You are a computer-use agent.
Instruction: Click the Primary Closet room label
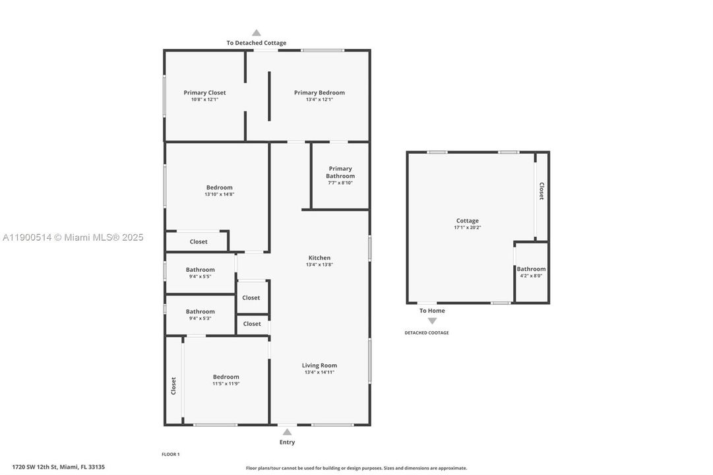[x=204, y=93]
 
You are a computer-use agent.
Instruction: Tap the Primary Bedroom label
[x=319, y=93]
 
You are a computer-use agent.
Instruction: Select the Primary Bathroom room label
[x=340, y=172]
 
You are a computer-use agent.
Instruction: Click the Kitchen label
[x=319, y=258]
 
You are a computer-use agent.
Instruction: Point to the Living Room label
[x=319, y=365]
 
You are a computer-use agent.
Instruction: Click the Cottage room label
[x=467, y=221]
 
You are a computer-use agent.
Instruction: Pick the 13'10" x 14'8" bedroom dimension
[x=219, y=195]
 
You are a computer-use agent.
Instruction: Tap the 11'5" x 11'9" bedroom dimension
[x=226, y=383]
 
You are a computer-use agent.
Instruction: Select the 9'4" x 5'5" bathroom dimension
[x=200, y=276]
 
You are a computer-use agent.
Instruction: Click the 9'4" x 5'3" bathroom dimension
[x=200, y=319]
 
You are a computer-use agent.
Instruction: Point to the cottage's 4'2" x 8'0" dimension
[x=531, y=276]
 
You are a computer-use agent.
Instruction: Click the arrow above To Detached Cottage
[x=257, y=33]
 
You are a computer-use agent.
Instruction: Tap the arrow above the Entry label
[x=287, y=432]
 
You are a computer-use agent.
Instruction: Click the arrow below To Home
[x=432, y=321]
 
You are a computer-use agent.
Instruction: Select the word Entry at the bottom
[x=287, y=442]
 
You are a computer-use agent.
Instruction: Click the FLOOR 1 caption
[x=170, y=454]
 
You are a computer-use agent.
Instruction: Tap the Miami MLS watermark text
[x=73, y=237]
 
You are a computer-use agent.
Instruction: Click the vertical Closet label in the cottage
[x=542, y=191]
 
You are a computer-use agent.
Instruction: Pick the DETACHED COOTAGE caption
[x=427, y=332]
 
